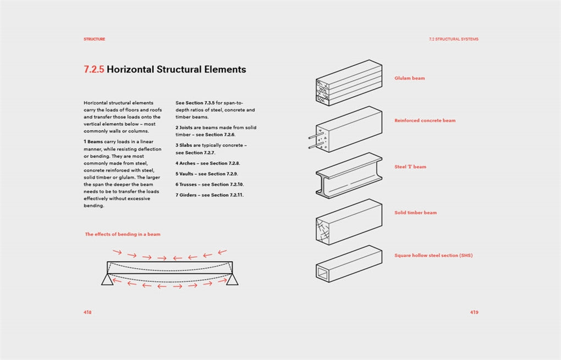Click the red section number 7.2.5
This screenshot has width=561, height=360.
94,70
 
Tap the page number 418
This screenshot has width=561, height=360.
87,312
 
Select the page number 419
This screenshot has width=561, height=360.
474,312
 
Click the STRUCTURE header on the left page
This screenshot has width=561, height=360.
94,39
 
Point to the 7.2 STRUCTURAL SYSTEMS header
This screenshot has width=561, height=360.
453,39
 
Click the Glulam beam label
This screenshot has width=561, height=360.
409,78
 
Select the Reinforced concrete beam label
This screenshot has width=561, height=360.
425,120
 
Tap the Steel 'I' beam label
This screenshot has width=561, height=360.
410,167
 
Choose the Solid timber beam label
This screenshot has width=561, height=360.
415,213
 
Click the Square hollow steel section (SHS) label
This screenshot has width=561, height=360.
433,256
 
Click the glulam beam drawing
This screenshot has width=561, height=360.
349,82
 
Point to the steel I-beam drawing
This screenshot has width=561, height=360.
349,174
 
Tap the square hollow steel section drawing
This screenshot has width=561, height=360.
349,264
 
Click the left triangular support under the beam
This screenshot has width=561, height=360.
107,280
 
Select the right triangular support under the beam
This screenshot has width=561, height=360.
232,280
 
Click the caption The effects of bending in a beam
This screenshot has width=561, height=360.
123,234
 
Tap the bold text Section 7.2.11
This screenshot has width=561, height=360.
227,195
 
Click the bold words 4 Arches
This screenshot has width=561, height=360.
185,163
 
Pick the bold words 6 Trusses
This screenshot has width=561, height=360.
187,185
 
